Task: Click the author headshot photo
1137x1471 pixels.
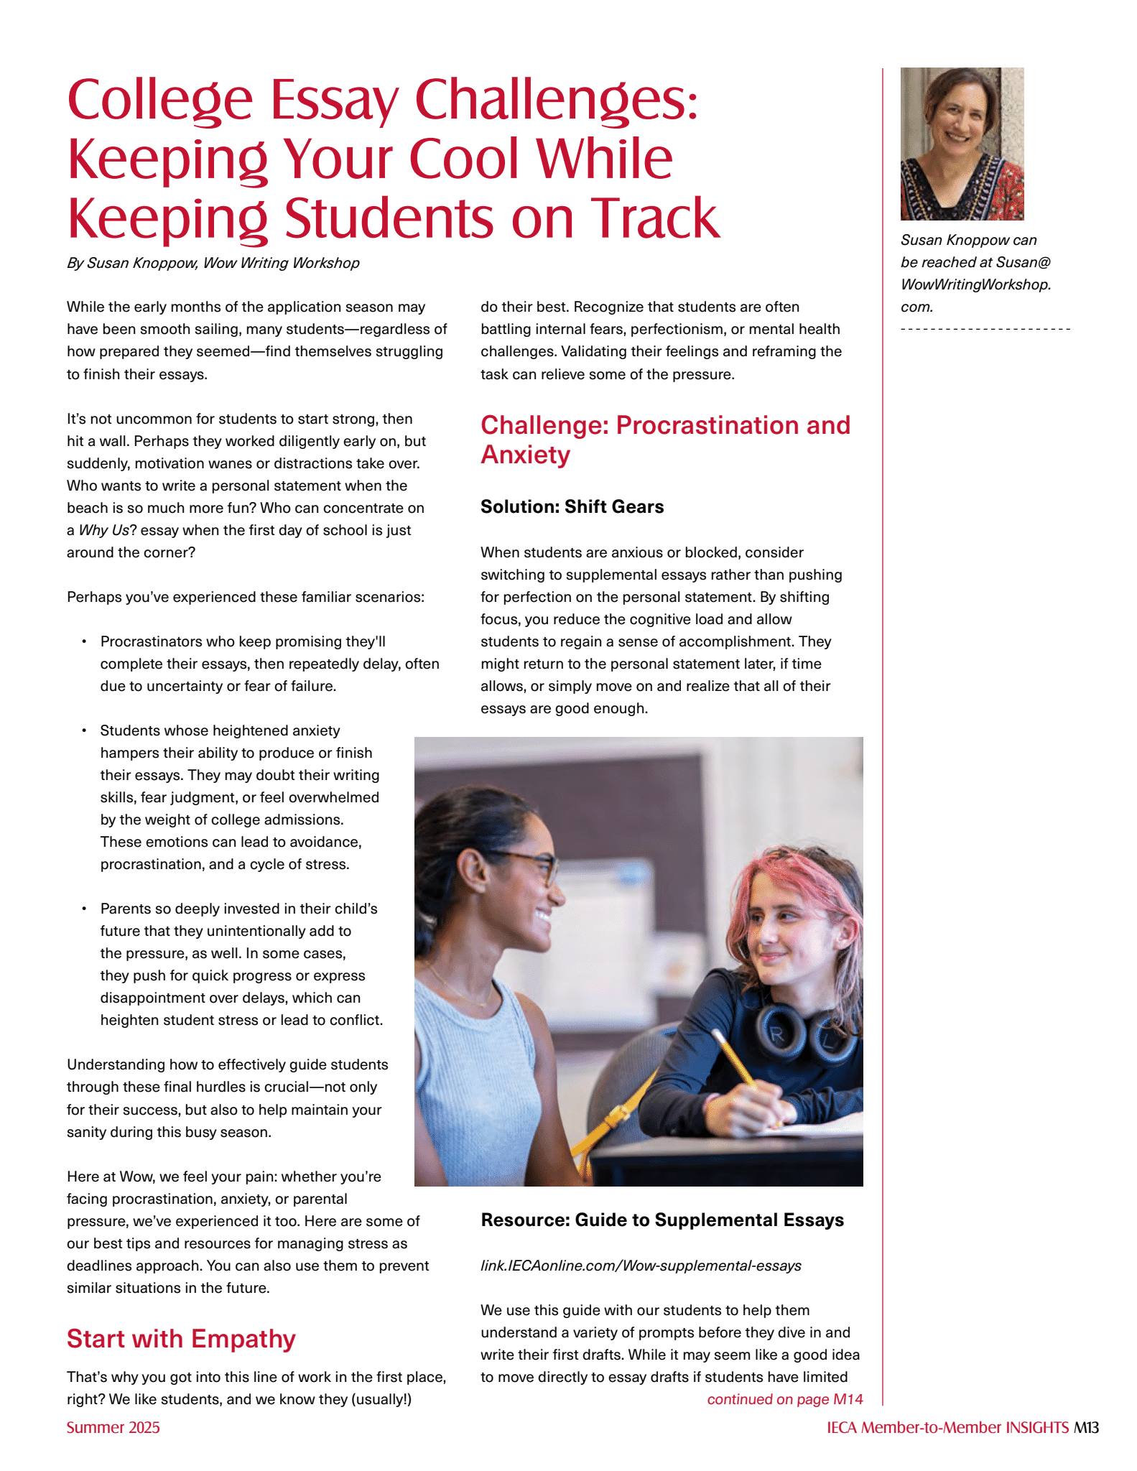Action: click(x=962, y=144)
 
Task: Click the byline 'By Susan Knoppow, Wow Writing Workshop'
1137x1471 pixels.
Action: click(x=213, y=263)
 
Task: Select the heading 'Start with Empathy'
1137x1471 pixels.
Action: click(x=181, y=1339)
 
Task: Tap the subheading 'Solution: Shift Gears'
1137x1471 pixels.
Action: click(x=572, y=506)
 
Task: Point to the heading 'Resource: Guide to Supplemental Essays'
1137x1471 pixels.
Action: click(x=662, y=1220)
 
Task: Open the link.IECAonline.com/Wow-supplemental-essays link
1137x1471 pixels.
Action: click(x=641, y=1266)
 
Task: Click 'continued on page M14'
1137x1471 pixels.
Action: click(x=784, y=1399)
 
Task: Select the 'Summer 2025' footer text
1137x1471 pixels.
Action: click(x=113, y=1427)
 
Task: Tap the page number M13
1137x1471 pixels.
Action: click(x=1086, y=1427)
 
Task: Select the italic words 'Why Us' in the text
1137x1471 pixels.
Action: click(x=103, y=530)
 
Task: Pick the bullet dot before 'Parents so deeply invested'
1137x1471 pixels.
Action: click(x=84, y=909)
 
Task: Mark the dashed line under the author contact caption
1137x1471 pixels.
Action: click(x=985, y=329)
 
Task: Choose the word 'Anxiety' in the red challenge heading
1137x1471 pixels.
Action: click(x=525, y=455)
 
